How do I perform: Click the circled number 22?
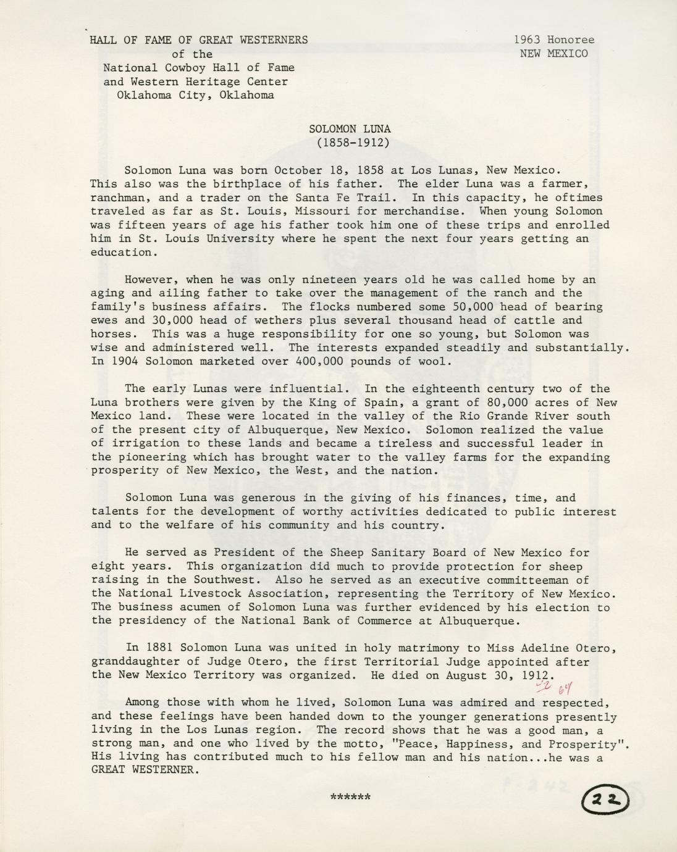(605, 800)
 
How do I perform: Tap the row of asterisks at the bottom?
(351, 797)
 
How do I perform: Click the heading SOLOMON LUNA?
(350, 129)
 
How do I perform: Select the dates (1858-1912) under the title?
(350, 143)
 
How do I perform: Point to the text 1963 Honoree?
(554, 40)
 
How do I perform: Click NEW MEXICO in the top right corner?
(554, 53)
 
